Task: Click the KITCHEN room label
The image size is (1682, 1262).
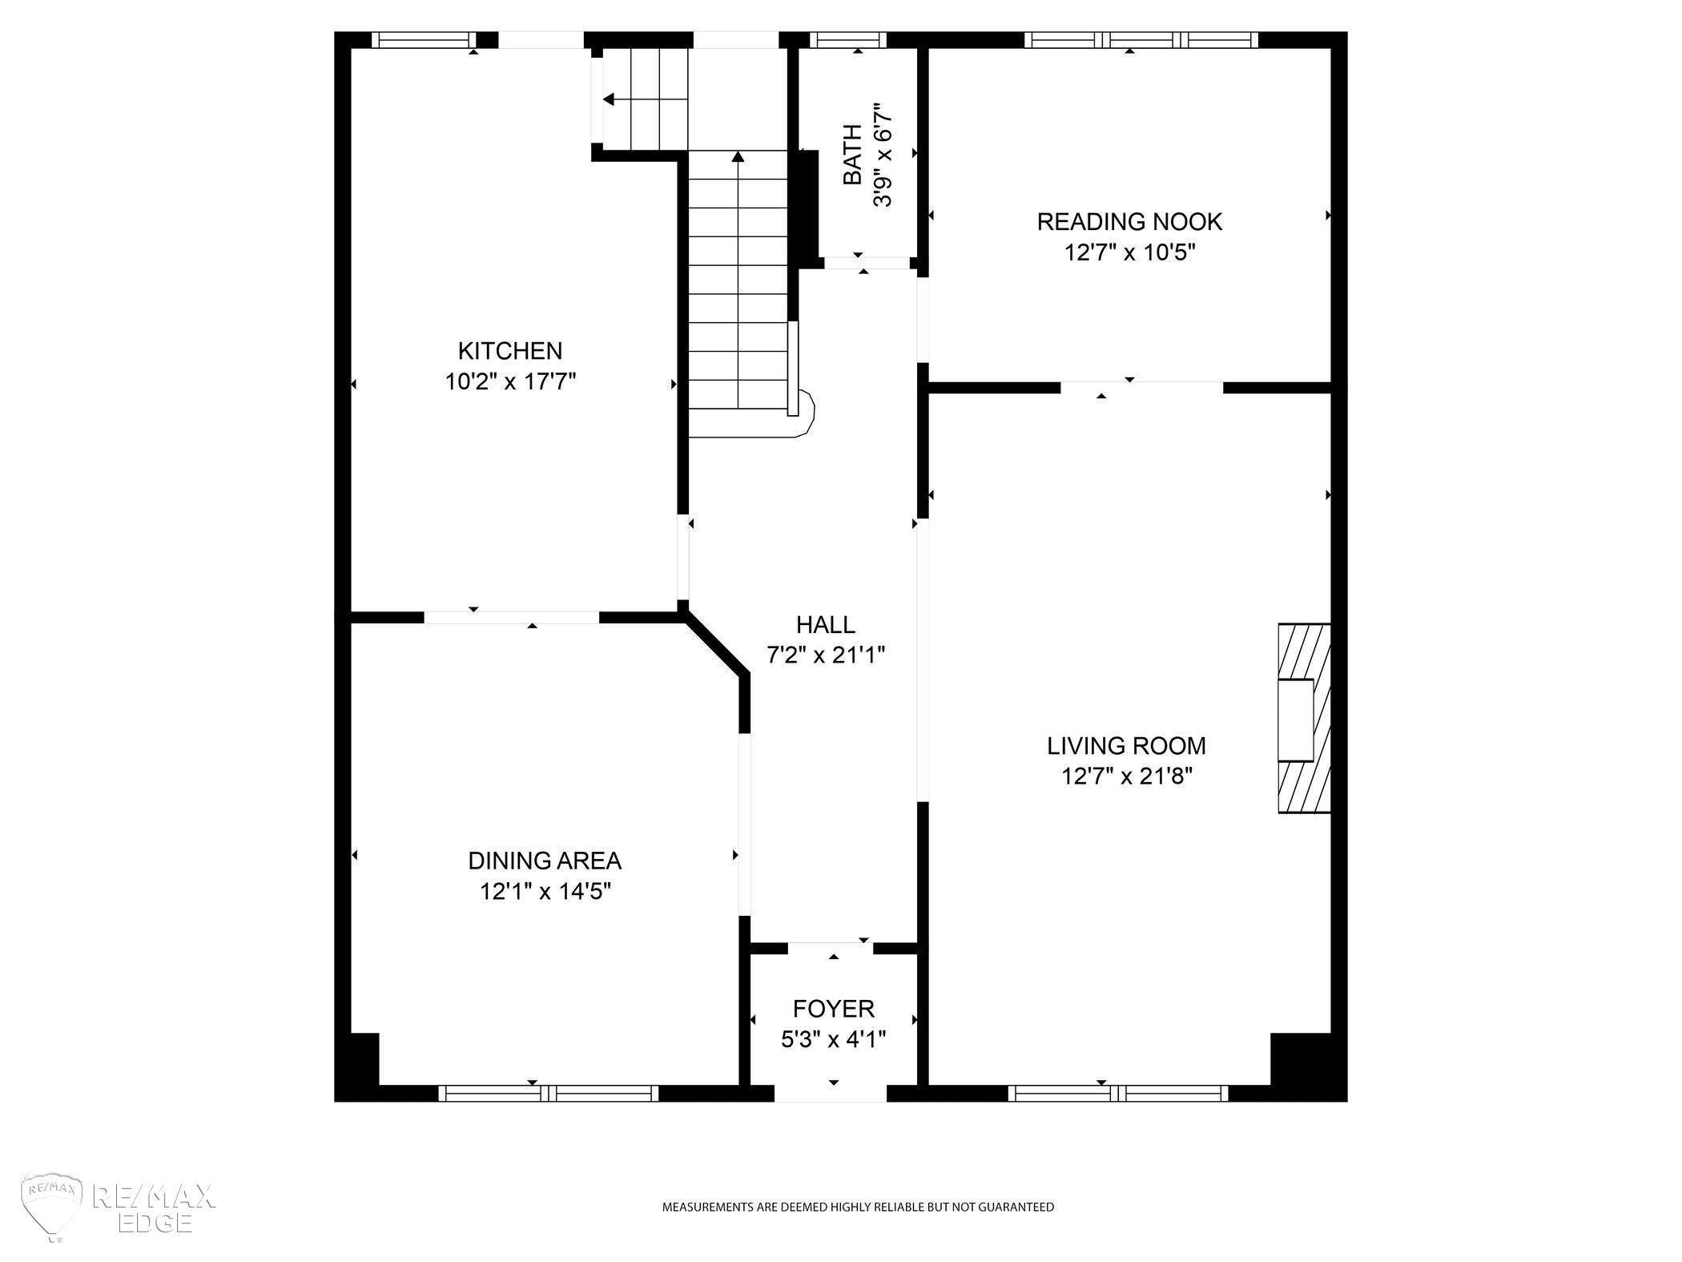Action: (x=510, y=351)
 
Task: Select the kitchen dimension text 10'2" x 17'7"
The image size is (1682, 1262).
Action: (x=510, y=381)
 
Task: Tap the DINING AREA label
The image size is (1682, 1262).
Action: (x=545, y=861)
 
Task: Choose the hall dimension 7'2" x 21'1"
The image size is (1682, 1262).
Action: (x=826, y=655)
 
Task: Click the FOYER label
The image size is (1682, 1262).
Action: (x=834, y=1009)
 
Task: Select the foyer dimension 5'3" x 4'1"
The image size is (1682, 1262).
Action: (x=834, y=1039)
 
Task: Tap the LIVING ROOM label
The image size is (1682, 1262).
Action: (x=1126, y=746)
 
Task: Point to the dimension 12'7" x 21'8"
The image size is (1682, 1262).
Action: (x=1127, y=776)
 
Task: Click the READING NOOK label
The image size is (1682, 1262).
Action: (x=1129, y=222)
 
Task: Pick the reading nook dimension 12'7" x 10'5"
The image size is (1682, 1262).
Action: (x=1129, y=252)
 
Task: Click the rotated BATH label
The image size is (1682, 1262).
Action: (x=853, y=154)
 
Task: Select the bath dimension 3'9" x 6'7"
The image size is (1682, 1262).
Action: (x=883, y=154)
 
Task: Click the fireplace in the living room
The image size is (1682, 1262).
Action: (x=1304, y=718)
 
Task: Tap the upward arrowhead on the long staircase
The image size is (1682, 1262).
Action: (x=738, y=155)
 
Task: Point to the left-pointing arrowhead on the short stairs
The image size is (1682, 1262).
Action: (x=608, y=99)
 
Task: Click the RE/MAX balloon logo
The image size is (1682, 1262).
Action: (x=53, y=1208)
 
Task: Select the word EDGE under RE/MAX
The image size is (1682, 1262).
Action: (x=155, y=1222)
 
